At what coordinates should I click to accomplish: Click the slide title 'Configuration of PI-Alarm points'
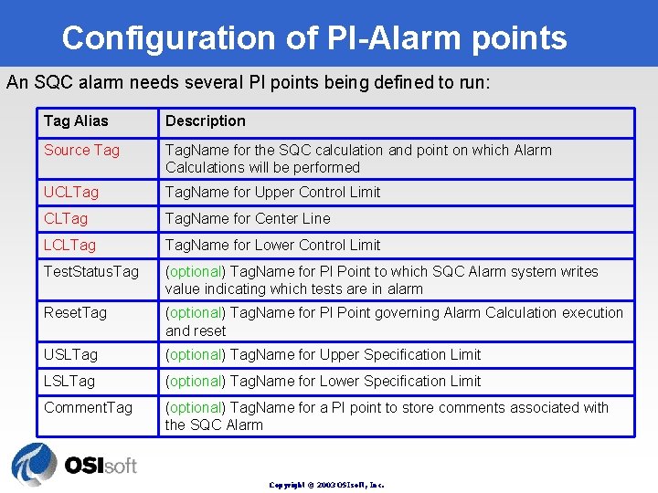click(x=314, y=37)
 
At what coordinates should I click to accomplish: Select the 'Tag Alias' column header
click(x=76, y=121)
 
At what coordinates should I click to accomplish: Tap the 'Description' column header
click(x=206, y=121)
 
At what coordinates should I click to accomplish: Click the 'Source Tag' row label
click(x=81, y=150)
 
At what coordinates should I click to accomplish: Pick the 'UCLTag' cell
click(x=71, y=193)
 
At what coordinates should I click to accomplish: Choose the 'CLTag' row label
click(x=66, y=219)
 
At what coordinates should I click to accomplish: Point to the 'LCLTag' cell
click(x=69, y=246)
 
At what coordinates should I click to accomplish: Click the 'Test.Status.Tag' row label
click(x=91, y=272)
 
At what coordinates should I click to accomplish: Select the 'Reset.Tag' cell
click(x=75, y=313)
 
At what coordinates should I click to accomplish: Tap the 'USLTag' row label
click(x=70, y=355)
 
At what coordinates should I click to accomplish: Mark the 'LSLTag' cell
click(x=69, y=382)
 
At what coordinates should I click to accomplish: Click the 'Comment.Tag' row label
click(x=88, y=408)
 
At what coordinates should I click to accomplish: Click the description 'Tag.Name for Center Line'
click(x=248, y=219)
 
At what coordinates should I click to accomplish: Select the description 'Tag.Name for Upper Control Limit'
click(x=272, y=193)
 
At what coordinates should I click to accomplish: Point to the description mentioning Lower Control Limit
click(x=272, y=246)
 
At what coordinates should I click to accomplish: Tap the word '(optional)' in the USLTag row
click(x=195, y=355)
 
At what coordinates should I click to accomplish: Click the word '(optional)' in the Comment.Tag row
click(x=195, y=408)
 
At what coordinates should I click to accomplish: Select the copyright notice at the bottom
click(x=326, y=485)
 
